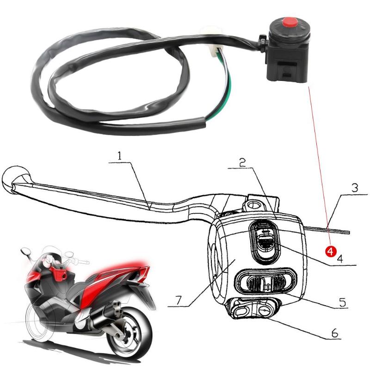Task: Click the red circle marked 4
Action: [330, 251]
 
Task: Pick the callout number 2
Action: [242, 163]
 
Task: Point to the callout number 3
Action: [354, 188]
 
